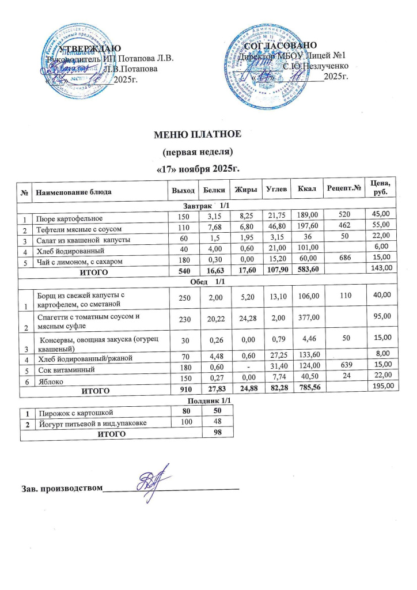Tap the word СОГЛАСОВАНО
[x=280, y=46]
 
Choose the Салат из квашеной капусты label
[x=81, y=239]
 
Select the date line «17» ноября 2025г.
[x=198, y=170]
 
